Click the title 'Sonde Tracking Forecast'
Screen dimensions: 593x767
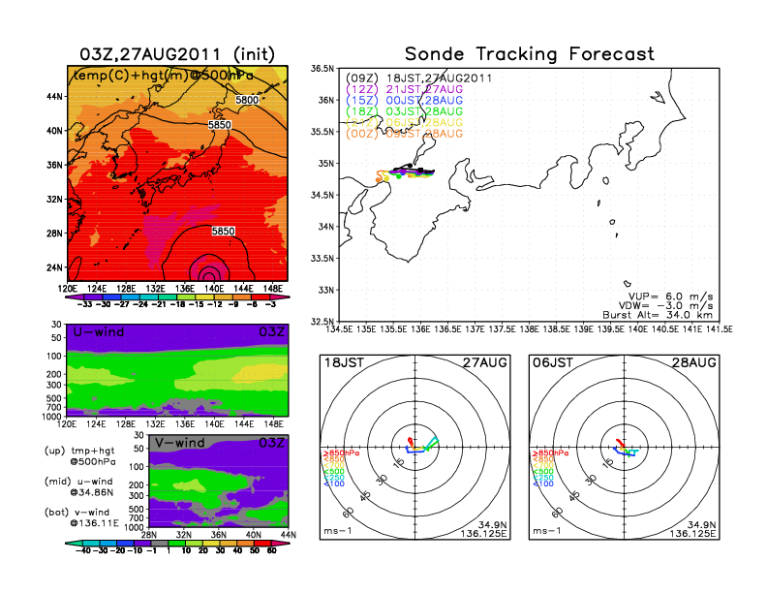tap(529, 54)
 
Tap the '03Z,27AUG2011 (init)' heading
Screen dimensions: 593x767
tap(175, 54)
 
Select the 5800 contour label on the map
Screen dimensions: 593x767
tap(247, 100)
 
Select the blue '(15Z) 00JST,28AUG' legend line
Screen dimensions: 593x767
tap(405, 99)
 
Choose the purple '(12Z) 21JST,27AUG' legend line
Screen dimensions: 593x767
tap(405, 88)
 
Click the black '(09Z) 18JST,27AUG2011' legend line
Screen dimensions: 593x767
tap(419, 77)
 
